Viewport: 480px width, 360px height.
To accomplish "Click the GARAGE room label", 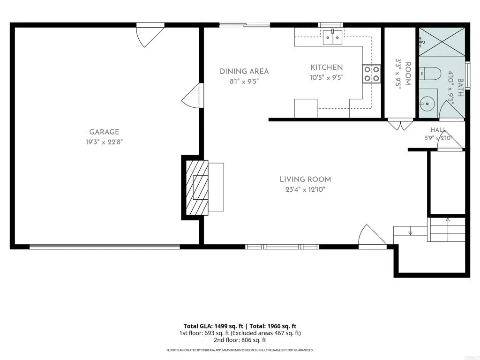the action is [104, 132].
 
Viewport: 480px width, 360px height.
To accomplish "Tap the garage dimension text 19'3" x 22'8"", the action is [104, 142].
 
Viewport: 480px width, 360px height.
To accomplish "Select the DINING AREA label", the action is [244, 71].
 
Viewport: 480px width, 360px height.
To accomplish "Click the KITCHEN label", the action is [327, 67].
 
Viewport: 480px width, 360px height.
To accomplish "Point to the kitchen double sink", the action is [333, 37].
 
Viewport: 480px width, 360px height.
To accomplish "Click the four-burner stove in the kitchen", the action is [372, 74].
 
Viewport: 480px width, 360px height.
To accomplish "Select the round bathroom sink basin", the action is [427, 104].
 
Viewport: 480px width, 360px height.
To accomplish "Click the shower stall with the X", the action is [442, 42].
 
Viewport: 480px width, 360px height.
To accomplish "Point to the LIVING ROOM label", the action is [305, 180].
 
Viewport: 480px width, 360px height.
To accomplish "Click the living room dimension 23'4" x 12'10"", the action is [305, 189].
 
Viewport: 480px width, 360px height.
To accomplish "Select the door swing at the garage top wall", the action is [150, 35].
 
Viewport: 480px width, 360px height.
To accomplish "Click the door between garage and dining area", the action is [192, 96].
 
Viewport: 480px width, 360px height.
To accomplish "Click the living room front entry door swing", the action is [372, 235].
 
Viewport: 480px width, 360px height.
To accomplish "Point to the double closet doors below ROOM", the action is [400, 124].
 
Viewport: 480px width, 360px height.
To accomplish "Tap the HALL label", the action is [438, 130].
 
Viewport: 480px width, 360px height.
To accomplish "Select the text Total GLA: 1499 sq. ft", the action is [215, 326].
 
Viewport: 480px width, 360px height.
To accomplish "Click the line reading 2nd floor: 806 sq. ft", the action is [240, 340].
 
